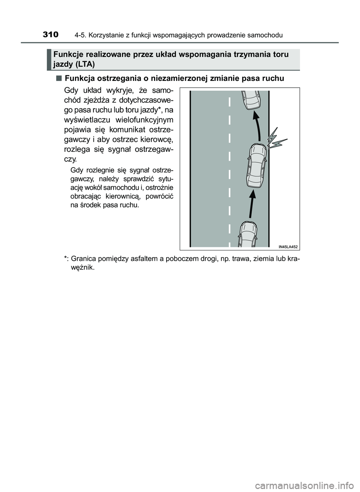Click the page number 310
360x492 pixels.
tap(51, 35)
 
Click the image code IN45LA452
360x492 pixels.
tap(288, 246)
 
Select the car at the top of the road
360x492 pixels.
tap(250, 99)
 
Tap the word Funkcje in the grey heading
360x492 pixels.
tap(66, 55)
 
